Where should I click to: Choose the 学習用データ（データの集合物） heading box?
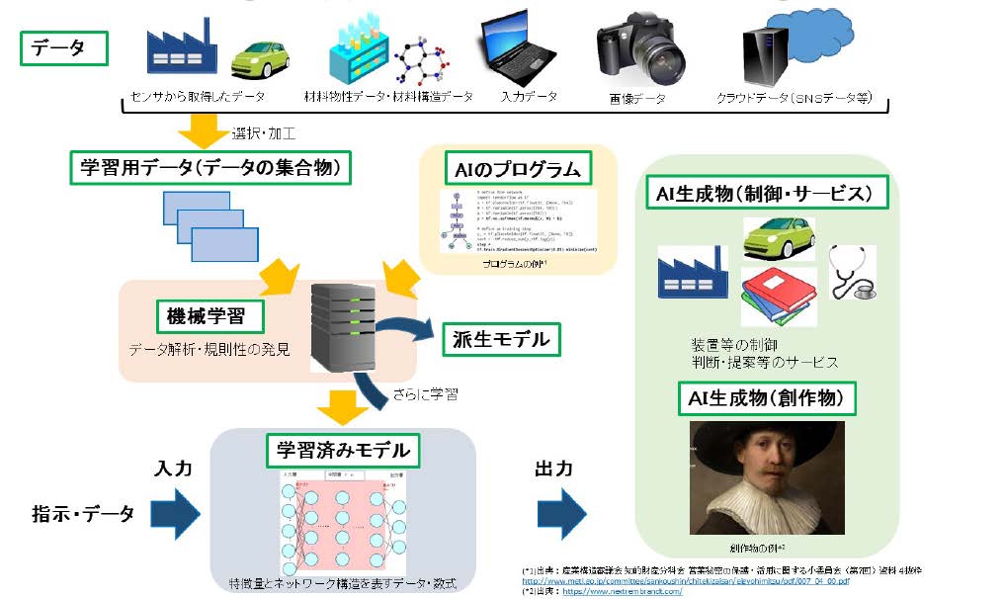point(211,168)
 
